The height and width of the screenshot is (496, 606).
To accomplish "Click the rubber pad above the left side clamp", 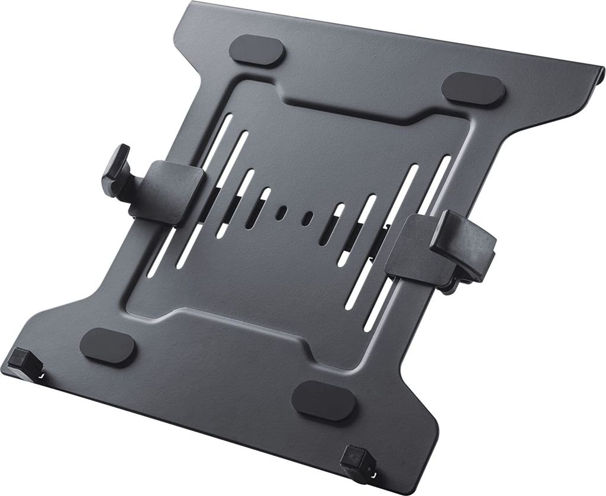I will (x=256, y=50).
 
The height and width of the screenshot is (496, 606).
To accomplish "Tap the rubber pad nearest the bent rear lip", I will (x=473, y=89).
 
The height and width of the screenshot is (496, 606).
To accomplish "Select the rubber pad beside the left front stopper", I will (x=107, y=346).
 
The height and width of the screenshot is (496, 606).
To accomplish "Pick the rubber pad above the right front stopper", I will (x=324, y=400).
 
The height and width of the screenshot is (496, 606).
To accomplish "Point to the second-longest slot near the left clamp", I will (x=228, y=183).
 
